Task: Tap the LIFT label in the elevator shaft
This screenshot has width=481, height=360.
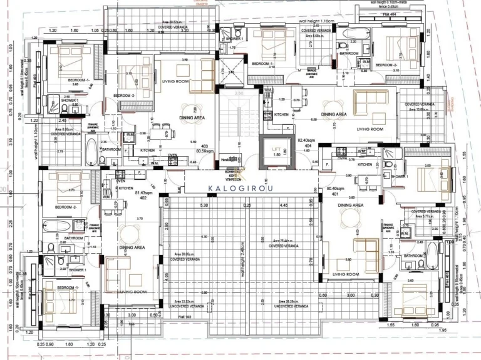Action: (x=276, y=149)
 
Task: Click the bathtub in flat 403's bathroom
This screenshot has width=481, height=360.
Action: (x=91, y=151)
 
